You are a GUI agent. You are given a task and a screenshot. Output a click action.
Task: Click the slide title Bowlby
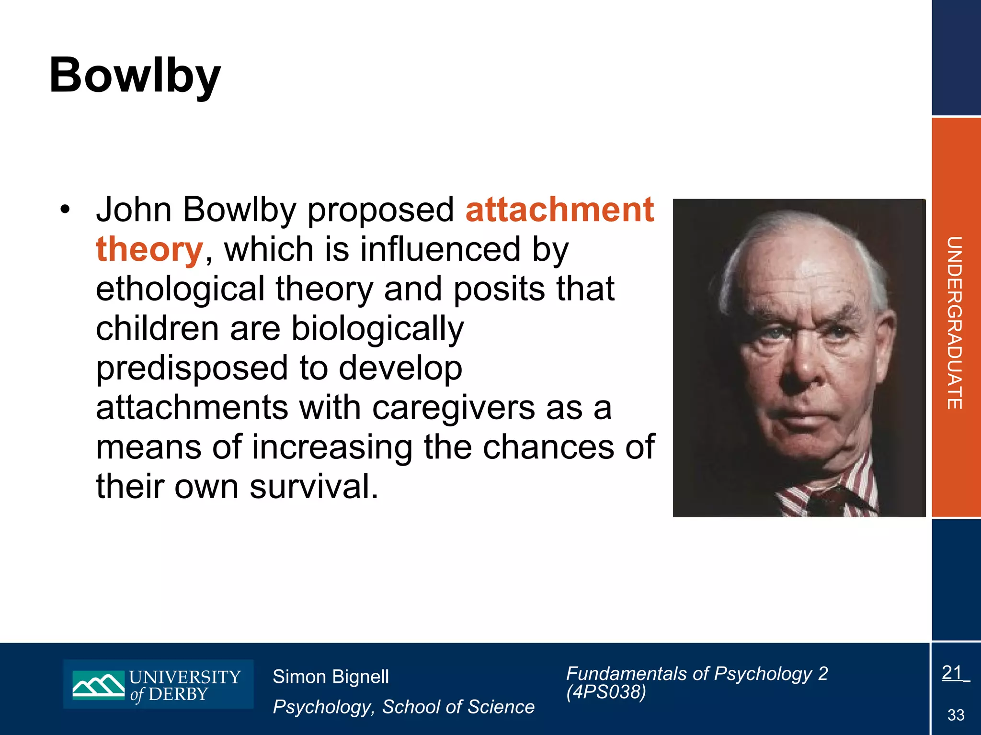coord(135,76)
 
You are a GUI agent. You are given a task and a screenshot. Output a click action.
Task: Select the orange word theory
coord(149,249)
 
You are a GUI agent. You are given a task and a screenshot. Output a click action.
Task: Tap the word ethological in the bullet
coord(180,289)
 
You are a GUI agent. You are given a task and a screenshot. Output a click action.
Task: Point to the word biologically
coord(377,329)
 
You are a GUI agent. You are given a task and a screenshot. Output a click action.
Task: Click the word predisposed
coord(192,368)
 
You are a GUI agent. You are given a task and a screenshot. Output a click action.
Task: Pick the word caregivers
coord(453,408)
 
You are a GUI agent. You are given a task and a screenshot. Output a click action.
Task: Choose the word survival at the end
coord(314,487)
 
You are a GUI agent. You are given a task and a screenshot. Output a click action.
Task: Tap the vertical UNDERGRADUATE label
coord(954,323)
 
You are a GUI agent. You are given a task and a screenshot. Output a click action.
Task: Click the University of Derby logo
coord(158,684)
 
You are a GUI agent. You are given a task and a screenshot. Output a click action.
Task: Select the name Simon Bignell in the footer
coord(331,677)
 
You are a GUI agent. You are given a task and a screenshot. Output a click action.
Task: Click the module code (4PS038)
coord(606,692)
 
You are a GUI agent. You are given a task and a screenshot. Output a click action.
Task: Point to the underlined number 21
coord(952,673)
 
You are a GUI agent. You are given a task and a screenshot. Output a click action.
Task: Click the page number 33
coord(956,715)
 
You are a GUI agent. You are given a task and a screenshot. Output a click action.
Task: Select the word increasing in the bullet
coord(331,447)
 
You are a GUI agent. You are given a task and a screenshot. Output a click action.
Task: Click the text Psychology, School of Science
coord(403,707)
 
